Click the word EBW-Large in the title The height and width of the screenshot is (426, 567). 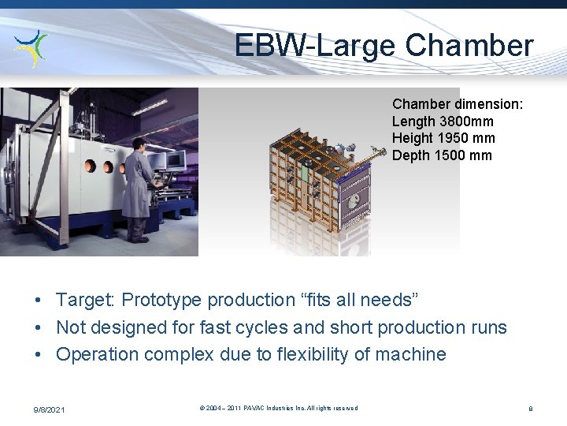(x=316, y=46)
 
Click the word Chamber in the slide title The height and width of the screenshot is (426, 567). (x=469, y=46)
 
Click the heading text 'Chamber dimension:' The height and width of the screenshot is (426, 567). (x=458, y=104)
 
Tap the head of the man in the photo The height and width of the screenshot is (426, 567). (x=139, y=144)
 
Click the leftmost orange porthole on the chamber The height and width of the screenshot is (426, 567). (x=90, y=167)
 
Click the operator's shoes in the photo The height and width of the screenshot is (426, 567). (x=138, y=238)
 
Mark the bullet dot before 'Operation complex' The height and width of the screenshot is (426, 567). (x=38, y=355)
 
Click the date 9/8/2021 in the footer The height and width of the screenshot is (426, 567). (x=49, y=409)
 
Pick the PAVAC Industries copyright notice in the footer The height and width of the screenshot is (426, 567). (x=279, y=409)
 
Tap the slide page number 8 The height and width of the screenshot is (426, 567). (x=531, y=409)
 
